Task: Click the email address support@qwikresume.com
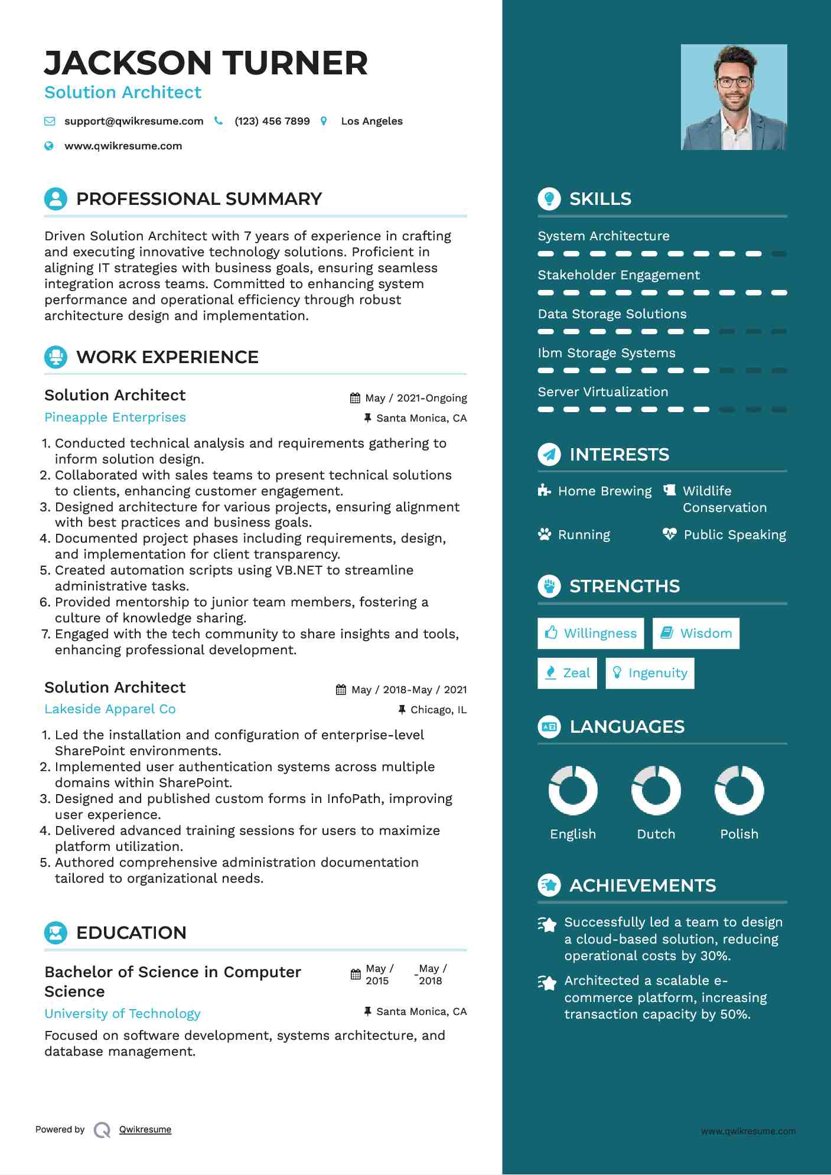click(x=133, y=121)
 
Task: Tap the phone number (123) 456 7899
click(x=272, y=121)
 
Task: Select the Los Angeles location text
click(x=371, y=121)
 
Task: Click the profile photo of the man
click(x=734, y=97)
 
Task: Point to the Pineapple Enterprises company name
click(x=115, y=417)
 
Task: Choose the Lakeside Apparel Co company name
click(x=110, y=709)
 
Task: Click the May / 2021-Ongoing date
click(x=415, y=398)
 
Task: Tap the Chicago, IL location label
click(x=438, y=710)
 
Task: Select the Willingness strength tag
click(x=591, y=634)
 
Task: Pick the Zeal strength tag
click(x=567, y=673)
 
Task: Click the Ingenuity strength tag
click(x=650, y=673)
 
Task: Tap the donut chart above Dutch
click(x=656, y=790)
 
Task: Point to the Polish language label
click(x=739, y=834)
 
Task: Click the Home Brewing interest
click(x=604, y=491)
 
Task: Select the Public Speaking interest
click(x=734, y=535)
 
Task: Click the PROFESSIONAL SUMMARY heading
click(x=199, y=199)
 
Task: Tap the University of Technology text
click(x=122, y=1014)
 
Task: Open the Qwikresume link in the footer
click(x=145, y=1130)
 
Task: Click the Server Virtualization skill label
click(x=602, y=392)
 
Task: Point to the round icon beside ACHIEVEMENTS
click(x=549, y=885)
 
